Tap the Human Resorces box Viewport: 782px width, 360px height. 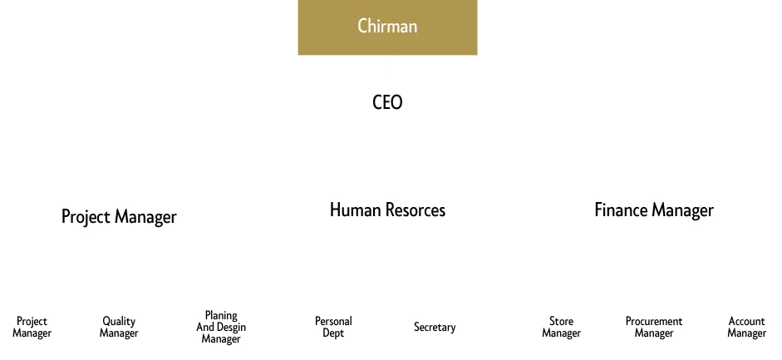pos(387,210)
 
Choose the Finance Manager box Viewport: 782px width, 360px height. pos(653,210)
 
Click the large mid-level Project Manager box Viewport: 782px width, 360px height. pos(119,216)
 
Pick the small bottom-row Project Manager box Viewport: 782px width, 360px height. pos(32,327)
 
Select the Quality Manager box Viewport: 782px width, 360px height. pos(119,327)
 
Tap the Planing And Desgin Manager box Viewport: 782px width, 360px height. pos(222,327)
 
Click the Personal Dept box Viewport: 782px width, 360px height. pos(333,327)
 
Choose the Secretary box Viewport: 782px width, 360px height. pos(435,327)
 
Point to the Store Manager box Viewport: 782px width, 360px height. pos(561,327)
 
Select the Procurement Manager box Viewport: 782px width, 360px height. pos(654,327)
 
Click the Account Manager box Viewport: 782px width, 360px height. pos(746,327)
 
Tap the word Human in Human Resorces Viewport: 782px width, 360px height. pos(354,210)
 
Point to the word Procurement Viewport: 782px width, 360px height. pos(654,321)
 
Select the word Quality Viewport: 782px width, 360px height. pos(119,321)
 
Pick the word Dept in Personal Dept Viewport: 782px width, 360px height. pos(333,333)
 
